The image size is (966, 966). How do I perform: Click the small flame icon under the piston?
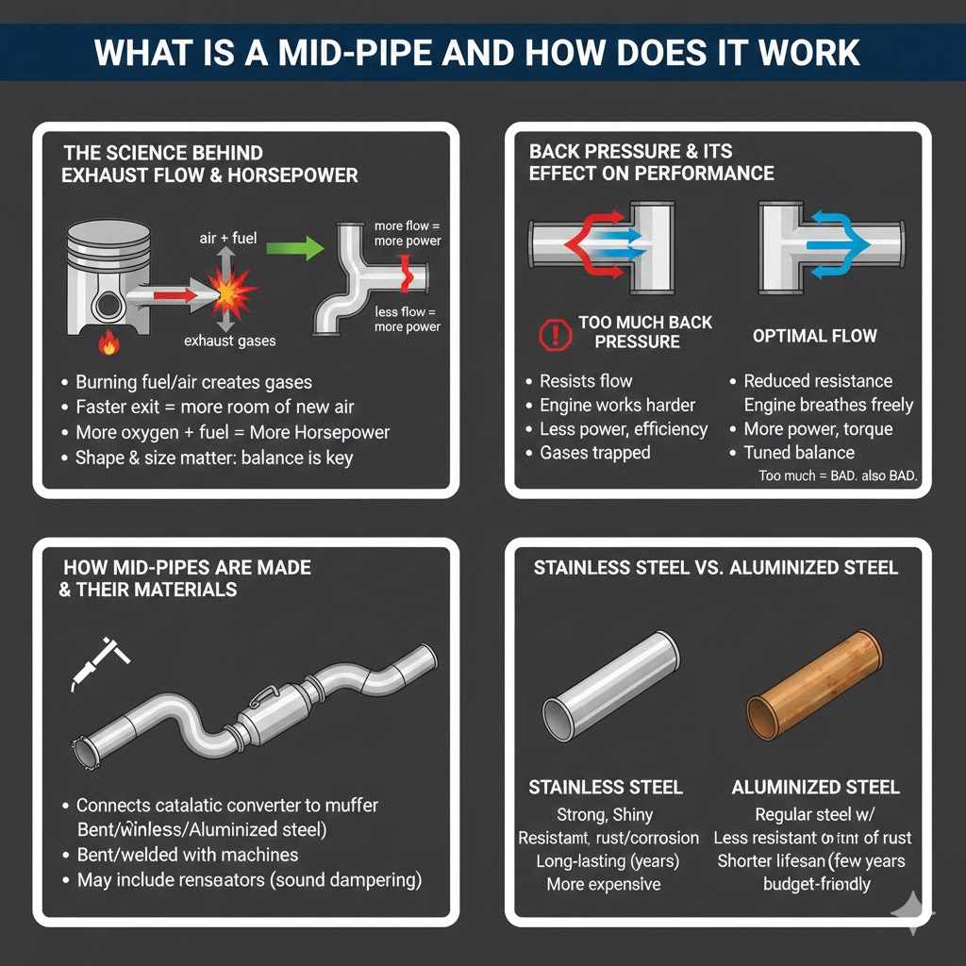109,345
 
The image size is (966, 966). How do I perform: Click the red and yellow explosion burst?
232,293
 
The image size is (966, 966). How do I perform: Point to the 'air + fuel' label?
227,239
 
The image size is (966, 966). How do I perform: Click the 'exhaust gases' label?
229,341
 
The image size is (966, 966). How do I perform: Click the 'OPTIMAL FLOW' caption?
814,336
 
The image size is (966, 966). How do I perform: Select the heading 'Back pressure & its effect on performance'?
651,162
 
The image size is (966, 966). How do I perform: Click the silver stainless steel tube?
610,683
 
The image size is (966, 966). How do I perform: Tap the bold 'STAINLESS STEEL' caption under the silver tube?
606,788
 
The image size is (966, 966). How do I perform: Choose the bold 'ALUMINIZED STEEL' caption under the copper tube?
815,788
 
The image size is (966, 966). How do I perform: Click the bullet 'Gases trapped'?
594,453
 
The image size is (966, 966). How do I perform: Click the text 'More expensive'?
604,884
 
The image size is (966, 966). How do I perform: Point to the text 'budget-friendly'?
816,884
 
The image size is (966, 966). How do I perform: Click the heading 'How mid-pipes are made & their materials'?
186,579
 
